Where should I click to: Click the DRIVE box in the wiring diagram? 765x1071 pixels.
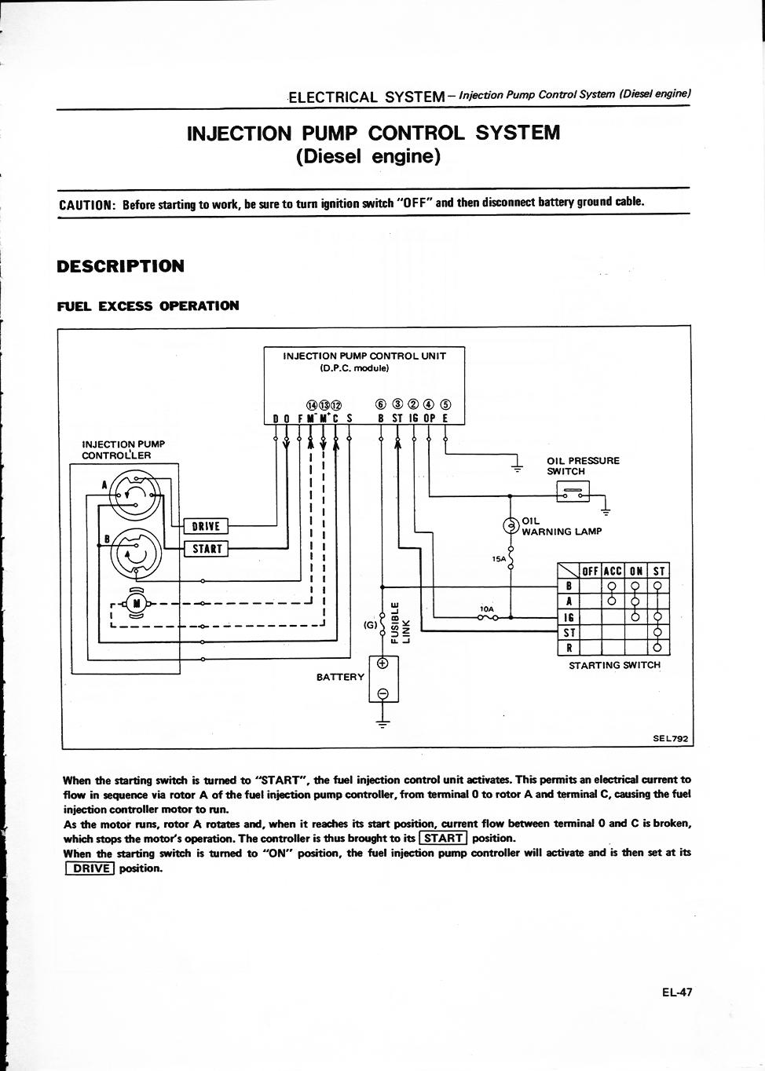click(206, 526)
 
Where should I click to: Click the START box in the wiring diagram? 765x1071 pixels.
click(207, 549)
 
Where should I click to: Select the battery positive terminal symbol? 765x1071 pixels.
click(383, 663)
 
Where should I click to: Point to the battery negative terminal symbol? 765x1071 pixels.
click(383, 694)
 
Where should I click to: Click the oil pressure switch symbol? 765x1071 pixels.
click(573, 492)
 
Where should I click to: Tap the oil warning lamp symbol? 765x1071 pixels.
click(511, 526)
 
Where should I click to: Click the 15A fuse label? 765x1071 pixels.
click(499, 558)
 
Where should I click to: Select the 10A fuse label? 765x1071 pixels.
click(486, 609)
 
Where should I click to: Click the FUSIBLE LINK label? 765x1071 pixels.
click(401, 623)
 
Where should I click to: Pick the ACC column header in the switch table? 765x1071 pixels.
click(612, 572)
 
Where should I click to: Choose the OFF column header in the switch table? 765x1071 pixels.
click(590, 572)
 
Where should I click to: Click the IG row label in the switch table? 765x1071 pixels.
click(569, 617)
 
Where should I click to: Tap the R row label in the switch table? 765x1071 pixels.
click(569, 649)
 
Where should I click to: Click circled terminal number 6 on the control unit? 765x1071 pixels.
click(381, 404)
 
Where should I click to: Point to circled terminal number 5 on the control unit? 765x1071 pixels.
click(445, 404)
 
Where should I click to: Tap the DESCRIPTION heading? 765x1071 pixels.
click(120, 266)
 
